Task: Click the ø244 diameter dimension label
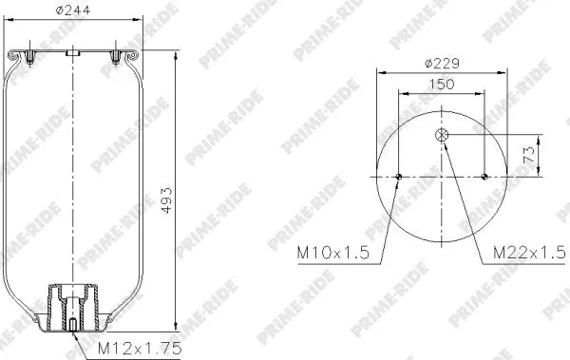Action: click(x=72, y=12)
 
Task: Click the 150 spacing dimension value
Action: click(x=442, y=85)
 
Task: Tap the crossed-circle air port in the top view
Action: click(x=443, y=136)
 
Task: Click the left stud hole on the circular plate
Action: click(x=399, y=176)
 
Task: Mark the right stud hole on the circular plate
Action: click(x=485, y=176)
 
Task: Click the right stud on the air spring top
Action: click(x=116, y=57)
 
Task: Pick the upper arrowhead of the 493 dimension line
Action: click(x=178, y=54)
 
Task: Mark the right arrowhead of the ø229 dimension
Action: click(x=505, y=73)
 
